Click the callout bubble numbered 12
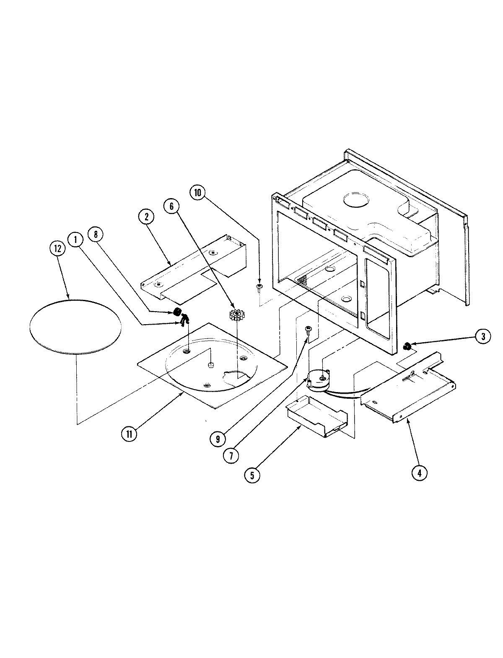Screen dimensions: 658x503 [x=57, y=248]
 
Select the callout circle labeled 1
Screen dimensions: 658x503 [x=75, y=240]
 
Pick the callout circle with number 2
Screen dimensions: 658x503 [x=146, y=217]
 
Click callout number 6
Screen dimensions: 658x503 [x=171, y=206]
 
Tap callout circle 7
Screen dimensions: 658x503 [x=231, y=456]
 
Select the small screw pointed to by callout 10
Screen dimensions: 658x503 [x=260, y=287]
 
